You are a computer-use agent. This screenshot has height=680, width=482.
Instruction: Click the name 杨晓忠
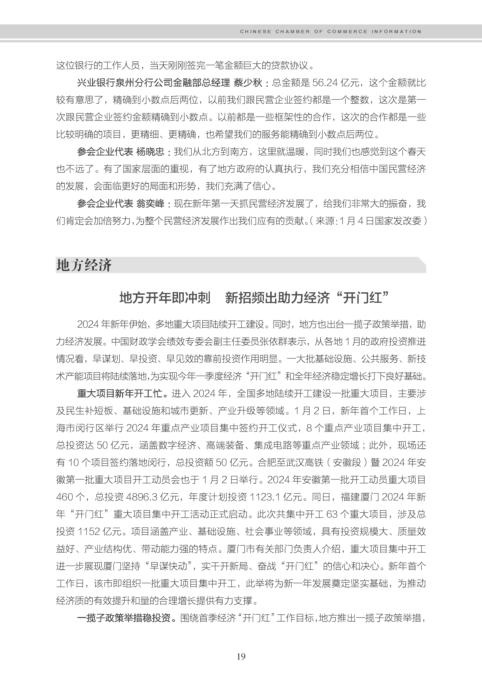(x=150, y=152)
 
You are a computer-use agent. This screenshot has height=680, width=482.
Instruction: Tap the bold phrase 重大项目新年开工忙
(x=120, y=394)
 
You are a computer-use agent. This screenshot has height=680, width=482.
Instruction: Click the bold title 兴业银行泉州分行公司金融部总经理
(x=153, y=83)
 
